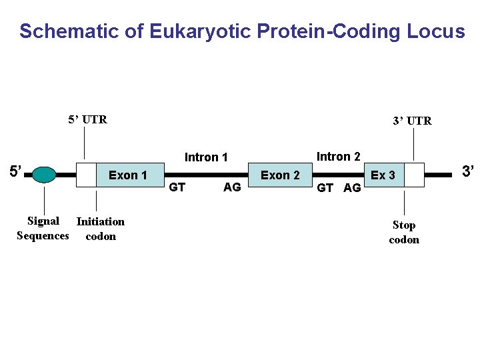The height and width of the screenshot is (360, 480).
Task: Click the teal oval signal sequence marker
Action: [x=44, y=175]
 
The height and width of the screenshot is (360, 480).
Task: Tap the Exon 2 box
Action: [x=280, y=175]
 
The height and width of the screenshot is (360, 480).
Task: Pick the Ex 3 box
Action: [x=383, y=175]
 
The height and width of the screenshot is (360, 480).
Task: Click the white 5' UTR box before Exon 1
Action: [x=86, y=175]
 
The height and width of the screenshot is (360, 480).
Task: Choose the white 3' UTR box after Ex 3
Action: [x=414, y=175]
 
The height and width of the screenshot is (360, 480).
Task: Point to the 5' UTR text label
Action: [x=87, y=120]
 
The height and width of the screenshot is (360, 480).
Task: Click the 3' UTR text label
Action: [x=412, y=121]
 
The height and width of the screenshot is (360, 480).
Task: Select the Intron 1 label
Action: [x=206, y=157]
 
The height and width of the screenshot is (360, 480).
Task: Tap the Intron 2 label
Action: [x=338, y=157]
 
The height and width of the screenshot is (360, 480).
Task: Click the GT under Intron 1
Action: [x=177, y=187]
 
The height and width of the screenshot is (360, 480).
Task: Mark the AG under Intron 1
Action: [x=232, y=187]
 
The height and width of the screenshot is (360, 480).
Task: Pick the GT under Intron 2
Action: [x=325, y=188]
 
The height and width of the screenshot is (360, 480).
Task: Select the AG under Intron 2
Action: [x=352, y=188]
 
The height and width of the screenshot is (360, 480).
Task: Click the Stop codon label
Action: [x=404, y=232]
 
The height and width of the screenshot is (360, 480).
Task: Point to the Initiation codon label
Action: [x=100, y=229]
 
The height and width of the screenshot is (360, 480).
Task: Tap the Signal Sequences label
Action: [x=43, y=228]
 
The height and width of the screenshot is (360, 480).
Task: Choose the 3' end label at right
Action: [x=469, y=171]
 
